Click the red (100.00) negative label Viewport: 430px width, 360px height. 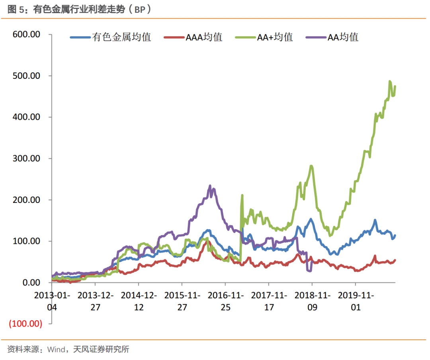[x=25, y=324]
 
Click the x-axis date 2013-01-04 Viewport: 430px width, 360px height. [x=52, y=302]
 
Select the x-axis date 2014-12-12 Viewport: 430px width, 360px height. [x=139, y=302]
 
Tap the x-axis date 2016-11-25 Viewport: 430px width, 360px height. [x=225, y=302]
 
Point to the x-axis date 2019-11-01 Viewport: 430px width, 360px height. [x=356, y=302]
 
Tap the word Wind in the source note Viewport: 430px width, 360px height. [x=56, y=350]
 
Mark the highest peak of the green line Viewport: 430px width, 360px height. [x=390, y=81]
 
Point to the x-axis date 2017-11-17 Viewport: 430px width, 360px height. [x=269, y=302]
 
